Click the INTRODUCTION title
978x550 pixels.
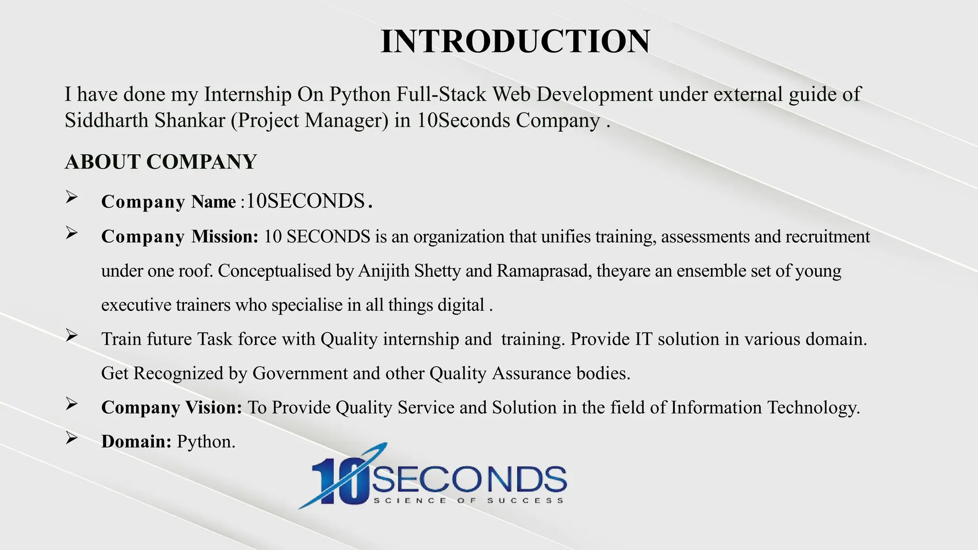tap(515, 41)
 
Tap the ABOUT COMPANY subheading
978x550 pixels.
tap(161, 162)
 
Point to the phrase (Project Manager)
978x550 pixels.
tap(309, 120)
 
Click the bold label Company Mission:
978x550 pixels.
tap(180, 236)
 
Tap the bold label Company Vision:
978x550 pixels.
tap(171, 407)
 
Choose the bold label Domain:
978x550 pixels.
tap(136, 442)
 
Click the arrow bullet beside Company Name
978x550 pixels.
tap(72, 197)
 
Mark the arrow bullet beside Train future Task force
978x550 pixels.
tap(72, 336)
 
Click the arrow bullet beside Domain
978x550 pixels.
tap(72, 438)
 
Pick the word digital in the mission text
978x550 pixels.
tap(460, 305)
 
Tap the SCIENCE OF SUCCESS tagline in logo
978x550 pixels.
tap(468, 500)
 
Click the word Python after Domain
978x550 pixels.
tap(206, 442)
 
